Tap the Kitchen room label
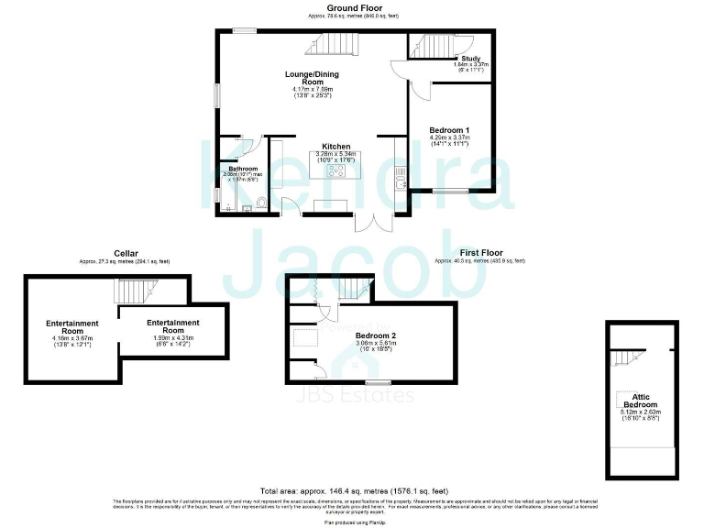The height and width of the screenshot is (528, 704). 335,147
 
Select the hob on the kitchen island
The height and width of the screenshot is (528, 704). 336,170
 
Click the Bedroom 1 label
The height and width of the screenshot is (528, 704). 449,130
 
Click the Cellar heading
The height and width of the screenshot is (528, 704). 126,254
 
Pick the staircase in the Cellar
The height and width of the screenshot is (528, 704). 133,291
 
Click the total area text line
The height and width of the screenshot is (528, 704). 352,492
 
